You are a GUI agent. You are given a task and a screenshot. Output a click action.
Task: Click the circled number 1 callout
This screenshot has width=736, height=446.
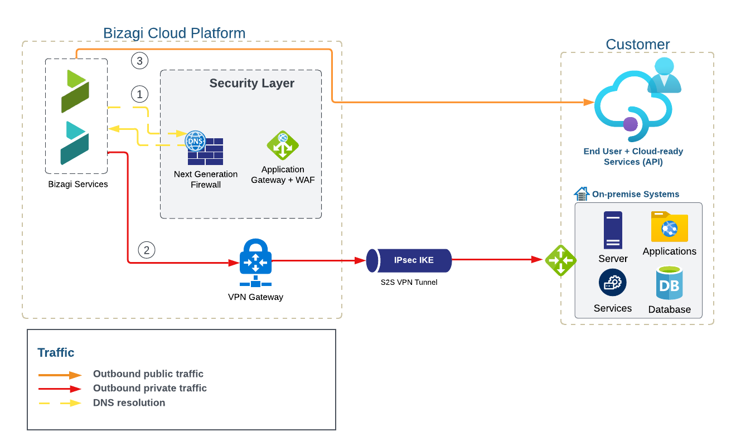click(139, 93)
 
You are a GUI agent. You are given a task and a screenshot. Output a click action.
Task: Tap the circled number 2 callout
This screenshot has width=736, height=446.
click(146, 250)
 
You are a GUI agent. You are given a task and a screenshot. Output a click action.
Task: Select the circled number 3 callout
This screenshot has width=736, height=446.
click(139, 61)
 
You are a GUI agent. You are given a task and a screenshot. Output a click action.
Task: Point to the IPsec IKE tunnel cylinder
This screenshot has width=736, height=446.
click(409, 260)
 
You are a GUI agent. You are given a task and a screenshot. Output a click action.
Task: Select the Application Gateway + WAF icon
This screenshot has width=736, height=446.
click(283, 146)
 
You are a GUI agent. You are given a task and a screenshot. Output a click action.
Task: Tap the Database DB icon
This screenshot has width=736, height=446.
click(669, 284)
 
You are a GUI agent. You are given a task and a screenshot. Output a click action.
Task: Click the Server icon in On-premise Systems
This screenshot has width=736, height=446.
click(613, 230)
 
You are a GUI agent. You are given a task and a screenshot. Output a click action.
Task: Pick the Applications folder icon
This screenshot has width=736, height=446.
click(669, 226)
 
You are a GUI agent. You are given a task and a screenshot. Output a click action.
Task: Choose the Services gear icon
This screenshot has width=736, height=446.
click(612, 282)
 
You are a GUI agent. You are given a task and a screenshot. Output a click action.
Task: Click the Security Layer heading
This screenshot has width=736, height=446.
click(251, 84)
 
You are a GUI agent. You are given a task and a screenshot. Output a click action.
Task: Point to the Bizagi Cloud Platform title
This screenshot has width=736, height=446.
click(174, 33)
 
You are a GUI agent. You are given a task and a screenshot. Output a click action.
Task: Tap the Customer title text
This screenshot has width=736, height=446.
click(637, 45)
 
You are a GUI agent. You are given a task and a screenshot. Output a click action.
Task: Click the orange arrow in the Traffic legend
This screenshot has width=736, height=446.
click(60, 375)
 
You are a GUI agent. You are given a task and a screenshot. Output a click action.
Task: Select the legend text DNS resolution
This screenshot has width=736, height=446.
click(129, 403)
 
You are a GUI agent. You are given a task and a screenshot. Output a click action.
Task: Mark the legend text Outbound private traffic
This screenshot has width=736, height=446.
click(149, 388)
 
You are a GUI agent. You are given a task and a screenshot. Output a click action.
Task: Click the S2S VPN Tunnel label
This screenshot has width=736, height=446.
click(409, 282)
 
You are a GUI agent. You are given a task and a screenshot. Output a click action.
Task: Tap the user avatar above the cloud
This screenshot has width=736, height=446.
click(664, 75)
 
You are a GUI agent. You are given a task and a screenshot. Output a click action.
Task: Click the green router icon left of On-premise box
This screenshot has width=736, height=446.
click(560, 260)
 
